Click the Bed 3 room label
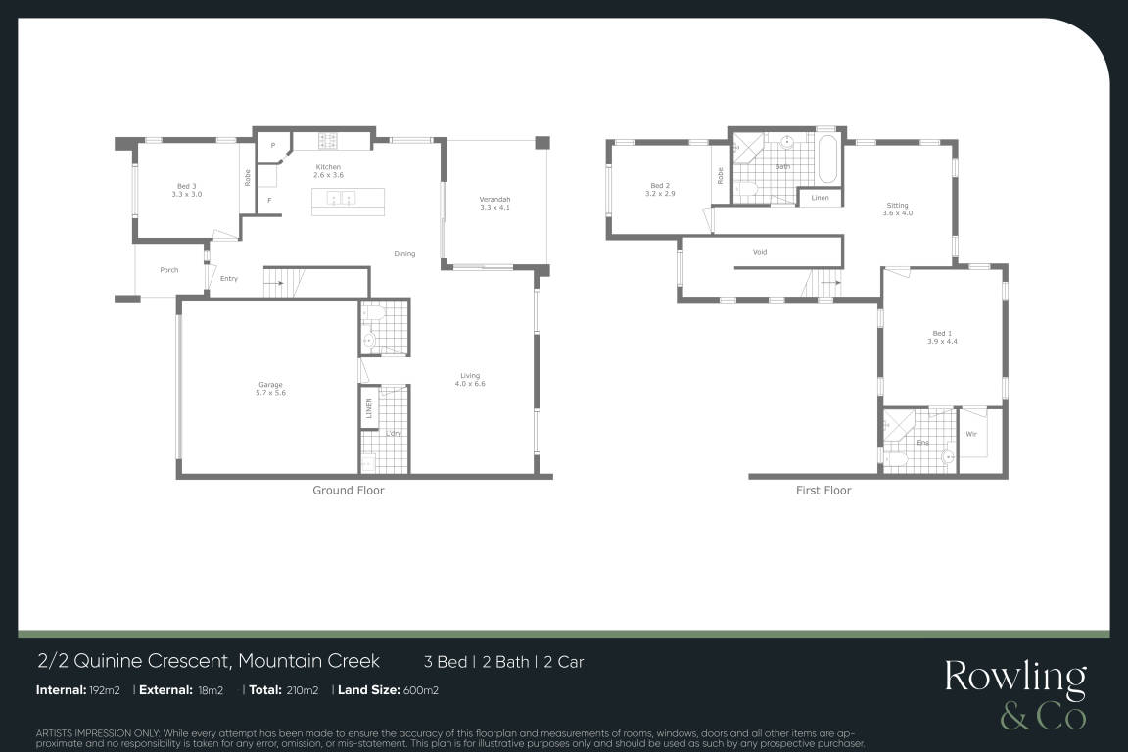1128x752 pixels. click(x=187, y=186)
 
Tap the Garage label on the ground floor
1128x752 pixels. click(x=270, y=384)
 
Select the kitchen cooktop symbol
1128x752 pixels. click(x=328, y=141)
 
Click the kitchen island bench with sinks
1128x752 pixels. click(x=349, y=202)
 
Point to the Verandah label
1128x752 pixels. click(x=494, y=200)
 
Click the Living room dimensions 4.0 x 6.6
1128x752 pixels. click(x=470, y=384)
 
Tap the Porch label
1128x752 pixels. click(x=169, y=270)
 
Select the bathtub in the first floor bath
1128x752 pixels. click(x=828, y=159)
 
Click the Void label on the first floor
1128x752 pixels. click(x=760, y=252)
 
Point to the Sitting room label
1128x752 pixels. click(x=897, y=205)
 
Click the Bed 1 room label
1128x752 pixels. click(x=942, y=333)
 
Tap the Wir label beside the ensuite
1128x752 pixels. click(x=971, y=434)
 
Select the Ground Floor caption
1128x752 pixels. click(x=349, y=490)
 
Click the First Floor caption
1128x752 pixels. click(x=822, y=490)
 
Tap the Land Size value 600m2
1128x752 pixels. click(x=421, y=690)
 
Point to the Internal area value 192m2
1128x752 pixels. click(x=105, y=690)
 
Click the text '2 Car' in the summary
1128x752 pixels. click(x=564, y=662)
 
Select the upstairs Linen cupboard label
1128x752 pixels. click(x=821, y=197)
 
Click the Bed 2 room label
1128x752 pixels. click(x=660, y=186)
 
